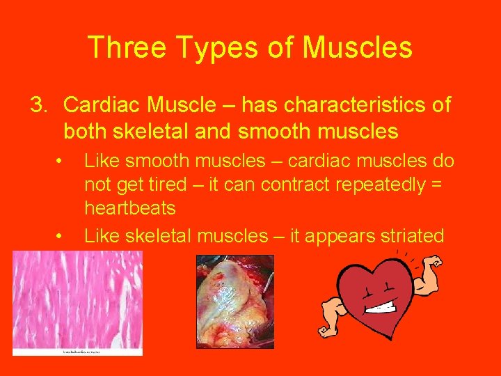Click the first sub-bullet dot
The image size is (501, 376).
(x=61, y=161)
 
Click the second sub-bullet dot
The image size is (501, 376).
(x=61, y=236)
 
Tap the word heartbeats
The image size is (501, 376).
(x=130, y=207)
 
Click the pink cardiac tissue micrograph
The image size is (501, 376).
(x=77, y=299)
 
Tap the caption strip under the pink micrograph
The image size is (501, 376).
(x=77, y=352)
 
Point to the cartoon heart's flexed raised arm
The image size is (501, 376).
(x=423, y=268)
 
